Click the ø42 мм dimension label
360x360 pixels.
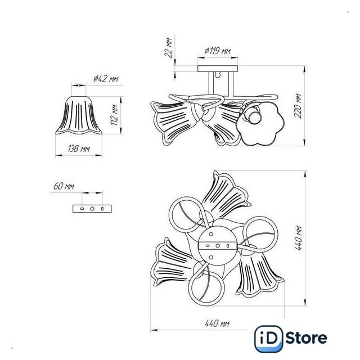tap(106, 79)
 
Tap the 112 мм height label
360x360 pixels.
tap(115, 115)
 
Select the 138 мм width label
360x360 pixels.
tap(79, 148)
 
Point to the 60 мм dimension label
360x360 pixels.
tap(64, 186)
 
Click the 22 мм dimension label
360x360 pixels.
tap(168, 47)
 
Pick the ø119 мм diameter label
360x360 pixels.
tap(218, 51)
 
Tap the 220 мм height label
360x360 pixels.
tap(298, 106)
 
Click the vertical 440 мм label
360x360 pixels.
tap(298, 238)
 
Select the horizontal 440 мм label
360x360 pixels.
tap(217, 323)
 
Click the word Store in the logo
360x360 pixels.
tap(306, 337)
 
